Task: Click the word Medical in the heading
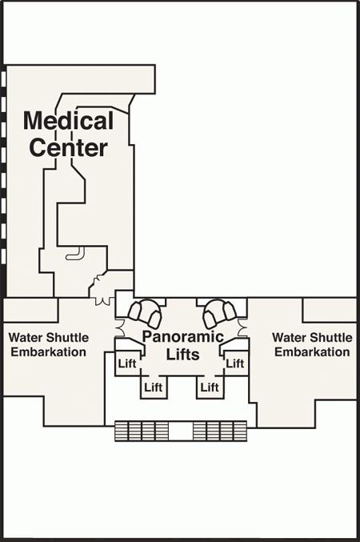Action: pyautogui.click(x=69, y=120)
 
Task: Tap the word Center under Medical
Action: pyautogui.click(x=69, y=147)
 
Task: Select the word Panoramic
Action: pyautogui.click(x=183, y=337)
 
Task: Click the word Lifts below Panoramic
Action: pyautogui.click(x=183, y=355)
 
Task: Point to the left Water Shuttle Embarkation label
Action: pyautogui.click(x=49, y=344)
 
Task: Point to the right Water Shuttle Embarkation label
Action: pyautogui.click(x=312, y=344)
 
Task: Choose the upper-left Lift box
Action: pyautogui.click(x=127, y=363)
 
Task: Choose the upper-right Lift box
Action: pyautogui.click(x=236, y=363)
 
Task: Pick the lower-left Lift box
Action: pyautogui.click(x=154, y=387)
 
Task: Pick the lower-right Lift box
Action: pyautogui.click(x=210, y=387)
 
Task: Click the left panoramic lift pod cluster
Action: pyautogui.click(x=145, y=313)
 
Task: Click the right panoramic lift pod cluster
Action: pyautogui.click(x=219, y=313)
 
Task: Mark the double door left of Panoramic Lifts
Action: pyautogui.click(x=120, y=328)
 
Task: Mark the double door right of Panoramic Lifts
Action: pyautogui.click(x=243, y=328)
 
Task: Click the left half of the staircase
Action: pyautogui.click(x=142, y=431)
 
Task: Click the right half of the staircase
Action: pyautogui.click(x=220, y=431)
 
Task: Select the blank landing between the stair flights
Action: pyautogui.click(x=181, y=431)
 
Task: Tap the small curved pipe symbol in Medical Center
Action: pyautogui.click(x=76, y=254)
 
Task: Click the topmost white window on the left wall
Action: pyautogui.click(x=3, y=78)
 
